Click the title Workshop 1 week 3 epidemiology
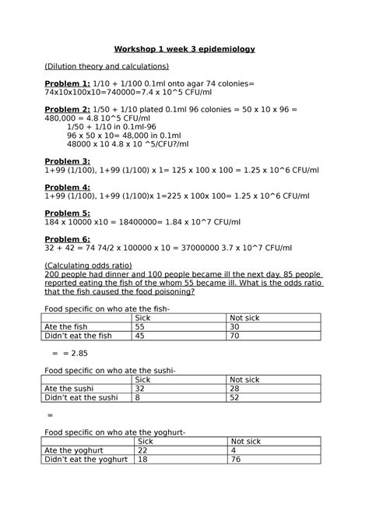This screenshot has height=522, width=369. (x=184, y=49)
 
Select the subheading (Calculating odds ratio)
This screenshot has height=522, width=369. (x=90, y=266)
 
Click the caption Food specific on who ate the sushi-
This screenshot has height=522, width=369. (x=109, y=370)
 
